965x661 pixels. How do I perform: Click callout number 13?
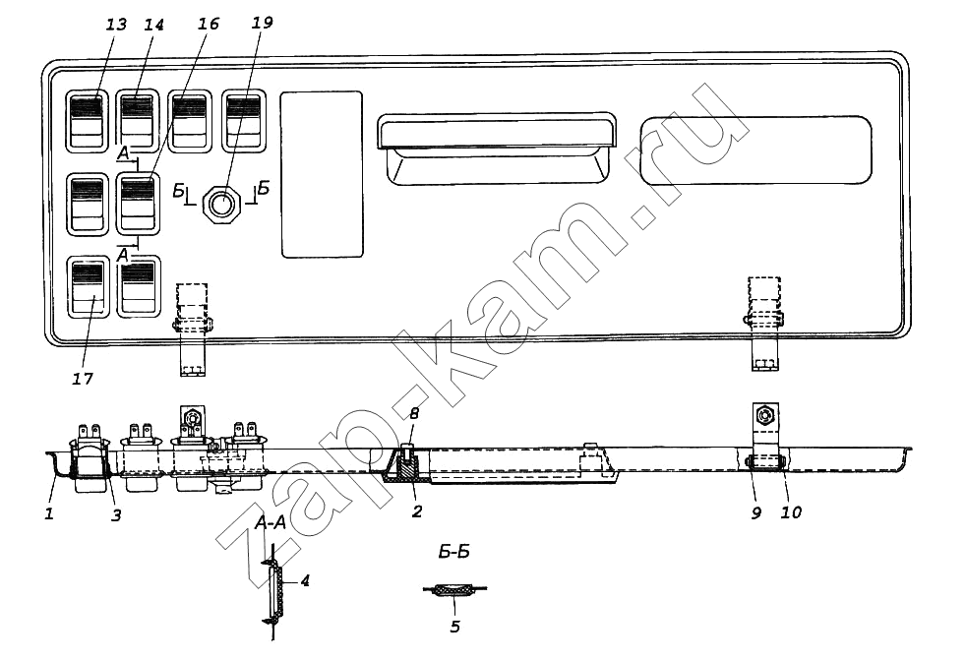click(116, 25)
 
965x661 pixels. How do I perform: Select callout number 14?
click(153, 25)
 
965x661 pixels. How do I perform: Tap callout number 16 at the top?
click(208, 24)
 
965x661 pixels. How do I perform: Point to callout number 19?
click(263, 23)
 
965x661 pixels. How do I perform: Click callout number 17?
click(83, 379)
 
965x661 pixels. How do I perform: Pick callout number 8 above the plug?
click(414, 413)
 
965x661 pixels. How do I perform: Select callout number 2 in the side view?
click(417, 511)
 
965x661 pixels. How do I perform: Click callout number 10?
click(791, 512)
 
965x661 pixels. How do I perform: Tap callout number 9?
click(756, 512)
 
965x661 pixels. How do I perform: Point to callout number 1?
click(49, 512)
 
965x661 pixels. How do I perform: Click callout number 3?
click(116, 515)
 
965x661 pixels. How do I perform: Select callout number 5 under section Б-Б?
click(454, 627)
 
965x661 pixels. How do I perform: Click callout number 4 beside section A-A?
click(304, 580)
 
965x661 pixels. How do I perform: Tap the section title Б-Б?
click(454, 552)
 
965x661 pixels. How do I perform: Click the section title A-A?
click(271, 523)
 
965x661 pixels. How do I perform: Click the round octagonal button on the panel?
click(223, 203)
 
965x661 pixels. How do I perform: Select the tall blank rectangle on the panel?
click(322, 175)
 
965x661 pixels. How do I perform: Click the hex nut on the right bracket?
click(765, 416)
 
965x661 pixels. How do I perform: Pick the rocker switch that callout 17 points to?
click(88, 287)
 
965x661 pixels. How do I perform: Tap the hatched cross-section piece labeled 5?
click(454, 591)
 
